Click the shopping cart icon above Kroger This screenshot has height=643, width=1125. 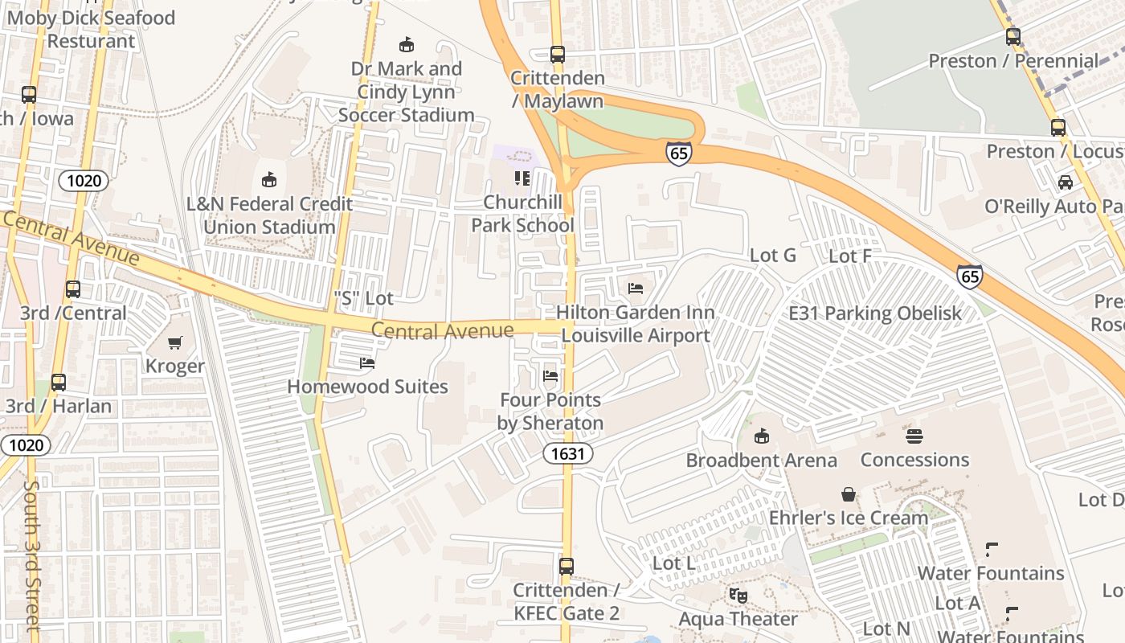click(x=174, y=343)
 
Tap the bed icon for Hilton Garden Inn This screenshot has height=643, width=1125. click(x=636, y=289)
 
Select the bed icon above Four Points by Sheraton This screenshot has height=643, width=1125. click(x=550, y=375)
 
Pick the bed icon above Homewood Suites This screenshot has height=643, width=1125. click(x=367, y=363)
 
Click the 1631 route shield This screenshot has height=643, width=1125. click(x=567, y=453)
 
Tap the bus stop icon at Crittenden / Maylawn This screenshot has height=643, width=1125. click(x=558, y=55)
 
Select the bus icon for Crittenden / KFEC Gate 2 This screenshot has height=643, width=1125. click(x=567, y=567)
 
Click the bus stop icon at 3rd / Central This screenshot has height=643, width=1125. click(x=73, y=289)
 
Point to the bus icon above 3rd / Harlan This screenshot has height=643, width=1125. click(x=59, y=383)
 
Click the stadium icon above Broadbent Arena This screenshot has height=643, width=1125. click(x=761, y=436)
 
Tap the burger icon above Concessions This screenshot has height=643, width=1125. click(x=914, y=436)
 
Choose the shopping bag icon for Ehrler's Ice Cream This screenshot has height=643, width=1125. click(x=849, y=494)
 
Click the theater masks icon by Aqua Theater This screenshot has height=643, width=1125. click(x=738, y=596)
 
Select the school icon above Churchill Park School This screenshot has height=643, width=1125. click(x=522, y=178)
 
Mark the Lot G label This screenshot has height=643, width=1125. click(x=772, y=256)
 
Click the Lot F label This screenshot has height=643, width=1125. click(x=849, y=256)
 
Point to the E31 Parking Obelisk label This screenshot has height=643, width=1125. click(x=874, y=313)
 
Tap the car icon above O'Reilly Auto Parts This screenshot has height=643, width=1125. click(x=1066, y=182)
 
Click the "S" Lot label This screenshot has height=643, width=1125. click(x=363, y=298)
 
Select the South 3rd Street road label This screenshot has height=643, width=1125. click(x=31, y=555)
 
